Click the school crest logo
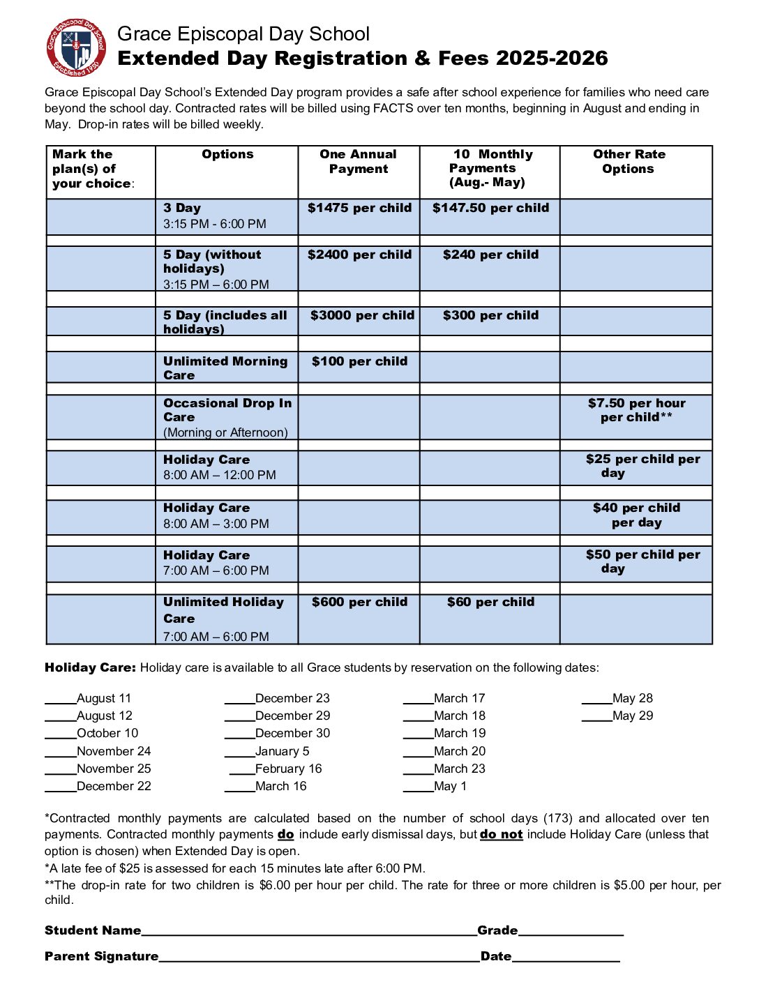pyautogui.click(x=76, y=47)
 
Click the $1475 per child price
pyautogui.click(x=359, y=208)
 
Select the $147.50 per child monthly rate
pyautogui.click(x=490, y=208)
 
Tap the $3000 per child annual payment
pyautogui.click(x=362, y=315)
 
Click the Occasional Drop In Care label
pyautogui.click(x=227, y=410)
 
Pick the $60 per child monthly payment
pyautogui.click(x=490, y=602)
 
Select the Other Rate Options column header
pyautogui.click(x=629, y=161)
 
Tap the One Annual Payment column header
pyautogui.click(x=359, y=161)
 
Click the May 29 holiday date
pyautogui.click(x=633, y=716)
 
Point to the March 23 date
pyautogui.click(x=459, y=769)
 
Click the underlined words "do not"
pyautogui.click(x=501, y=834)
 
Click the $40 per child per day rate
pyautogui.click(x=636, y=515)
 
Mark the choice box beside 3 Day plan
pyautogui.click(x=101, y=217)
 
